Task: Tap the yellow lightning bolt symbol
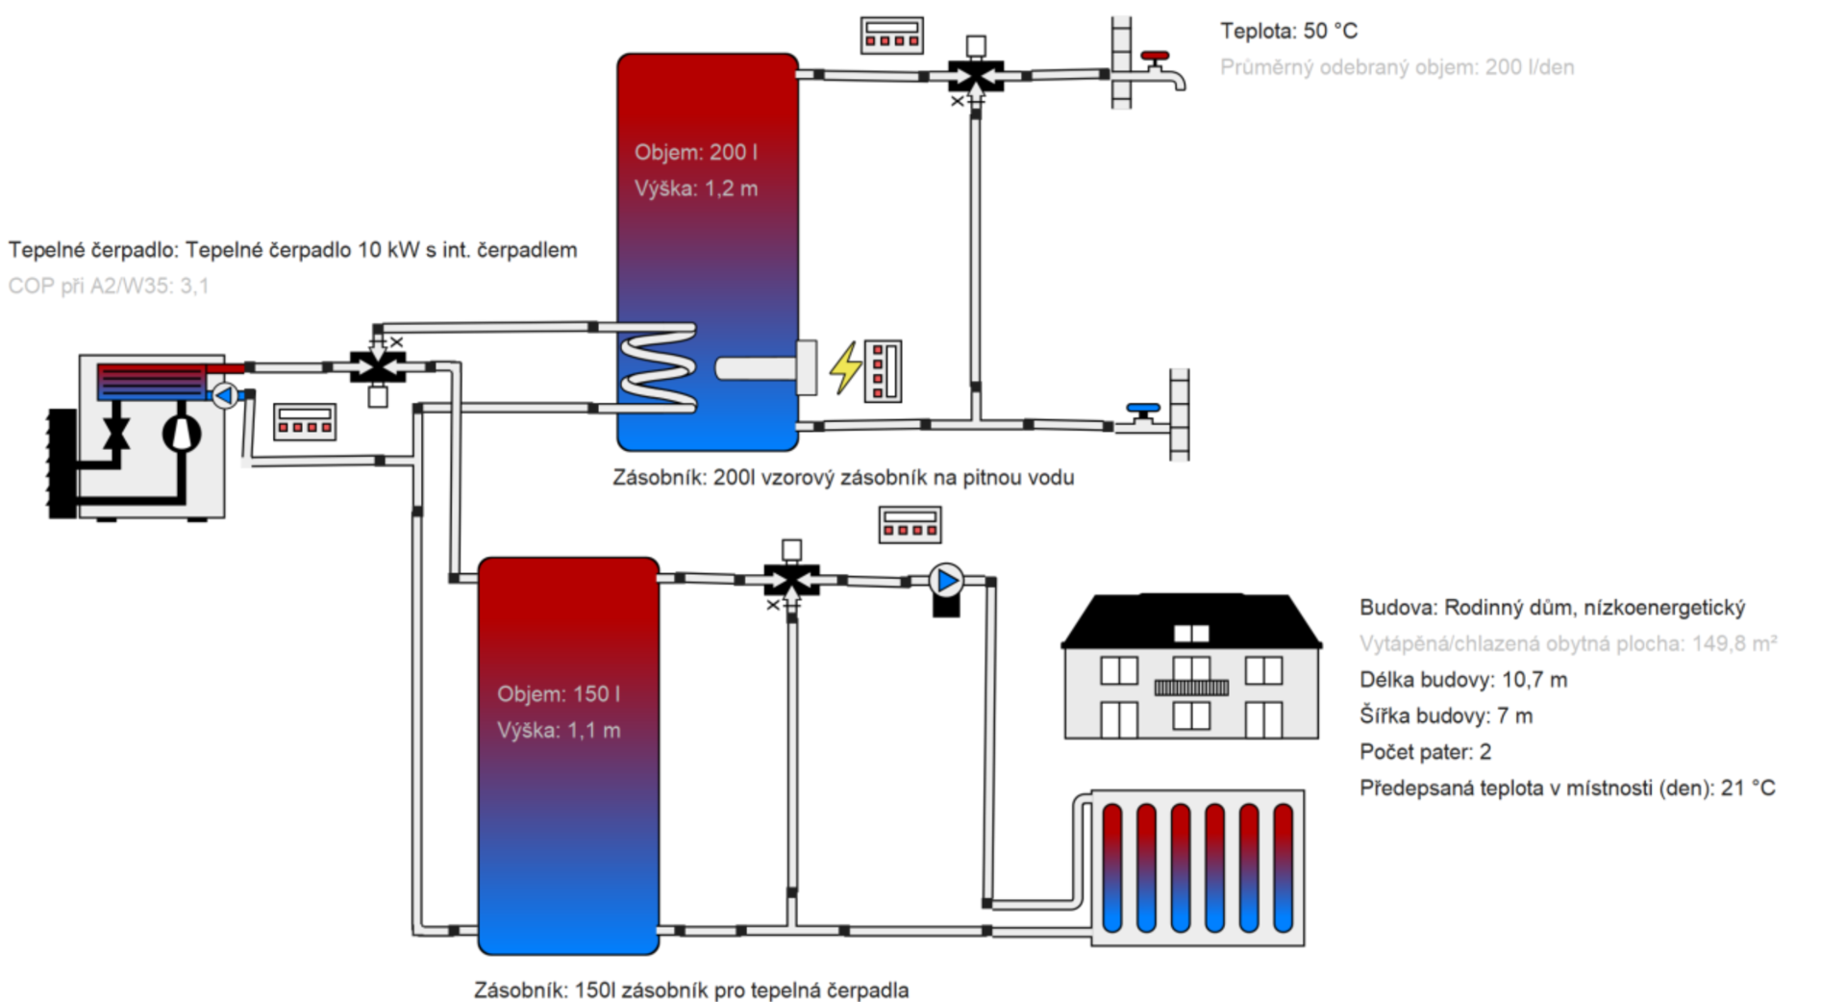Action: click(845, 367)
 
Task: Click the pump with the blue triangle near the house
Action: click(947, 581)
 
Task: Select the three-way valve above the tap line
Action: click(976, 75)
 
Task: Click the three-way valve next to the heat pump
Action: click(378, 366)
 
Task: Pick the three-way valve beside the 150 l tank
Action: click(791, 580)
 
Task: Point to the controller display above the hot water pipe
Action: click(891, 35)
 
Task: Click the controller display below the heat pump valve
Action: click(305, 421)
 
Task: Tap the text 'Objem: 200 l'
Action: click(696, 152)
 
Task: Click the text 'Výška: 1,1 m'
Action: click(559, 730)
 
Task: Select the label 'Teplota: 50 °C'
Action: click(1288, 31)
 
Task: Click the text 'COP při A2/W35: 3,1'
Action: click(109, 286)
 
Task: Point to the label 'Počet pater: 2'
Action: click(1425, 752)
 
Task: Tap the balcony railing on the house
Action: click(1191, 688)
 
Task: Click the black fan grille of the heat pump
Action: click(62, 463)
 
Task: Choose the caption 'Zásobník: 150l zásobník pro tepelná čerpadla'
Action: click(690, 989)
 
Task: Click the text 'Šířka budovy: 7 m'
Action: click(1445, 715)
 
